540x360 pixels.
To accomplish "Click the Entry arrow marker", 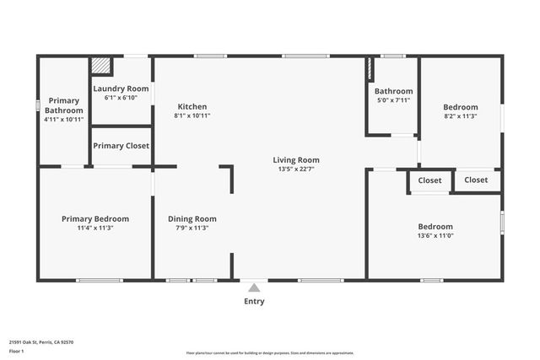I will click(x=254, y=287).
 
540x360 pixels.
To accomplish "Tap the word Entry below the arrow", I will click(x=254, y=302).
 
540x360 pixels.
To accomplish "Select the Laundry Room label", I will click(x=121, y=89).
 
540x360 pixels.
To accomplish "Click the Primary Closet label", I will click(x=121, y=146).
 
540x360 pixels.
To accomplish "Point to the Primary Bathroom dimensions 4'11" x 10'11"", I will click(x=64, y=120).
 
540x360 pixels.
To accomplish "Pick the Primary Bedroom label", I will click(x=95, y=218).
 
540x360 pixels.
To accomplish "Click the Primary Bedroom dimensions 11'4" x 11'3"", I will click(x=95, y=228).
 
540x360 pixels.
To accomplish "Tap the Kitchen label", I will click(x=192, y=106).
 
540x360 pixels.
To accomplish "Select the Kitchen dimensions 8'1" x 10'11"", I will click(x=192, y=116).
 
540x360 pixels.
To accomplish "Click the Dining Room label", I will click(x=192, y=218).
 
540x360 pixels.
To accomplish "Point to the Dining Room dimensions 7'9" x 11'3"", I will click(x=192, y=228).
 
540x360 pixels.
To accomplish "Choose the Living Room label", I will click(x=296, y=159).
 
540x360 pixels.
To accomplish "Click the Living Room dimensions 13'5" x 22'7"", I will click(x=296, y=169).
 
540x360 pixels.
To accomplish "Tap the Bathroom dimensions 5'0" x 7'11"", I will click(x=393, y=100).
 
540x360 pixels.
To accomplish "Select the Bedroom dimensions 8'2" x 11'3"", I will click(x=461, y=116).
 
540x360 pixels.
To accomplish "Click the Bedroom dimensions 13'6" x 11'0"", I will click(x=435, y=236).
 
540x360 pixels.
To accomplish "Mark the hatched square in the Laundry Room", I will click(x=101, y=66).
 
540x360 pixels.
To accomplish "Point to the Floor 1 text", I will click(x=17, y=351).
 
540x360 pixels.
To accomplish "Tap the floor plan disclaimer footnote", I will click(x=270, y=353).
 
